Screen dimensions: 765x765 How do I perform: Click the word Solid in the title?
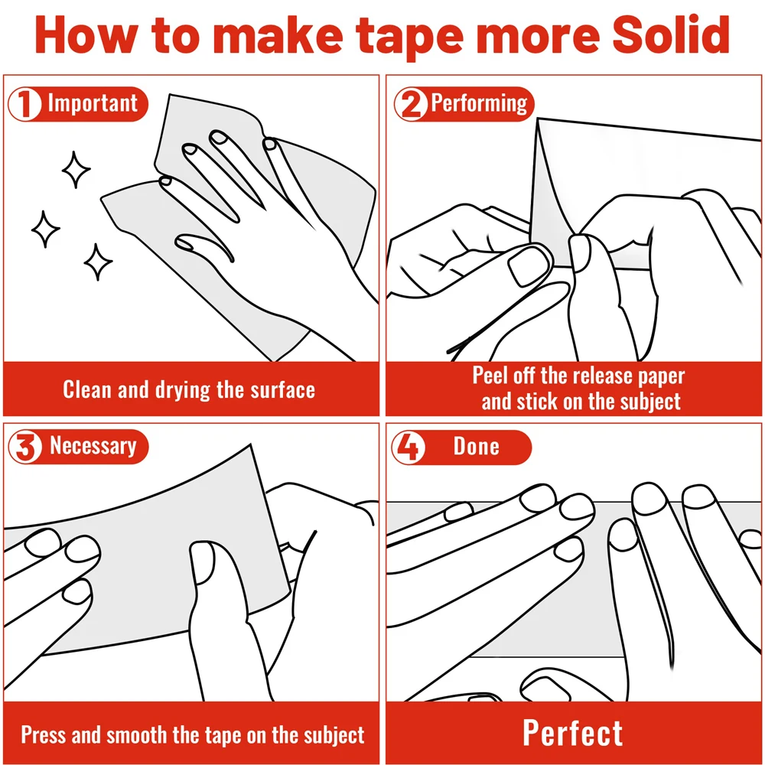click(x=671, y=35)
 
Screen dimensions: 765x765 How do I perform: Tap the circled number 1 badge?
click(x=24, y=103)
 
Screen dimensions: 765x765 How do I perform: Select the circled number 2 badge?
click(x=411, y=103)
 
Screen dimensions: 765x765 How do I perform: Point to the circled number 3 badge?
click(x=25, y=447)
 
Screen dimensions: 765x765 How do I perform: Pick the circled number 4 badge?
click(x=409, y=447)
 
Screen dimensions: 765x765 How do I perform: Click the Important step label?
click(x=93, y=103)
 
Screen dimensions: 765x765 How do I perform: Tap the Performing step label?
click(x=479, y=103)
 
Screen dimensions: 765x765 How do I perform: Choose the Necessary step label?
click(x=93, y=446)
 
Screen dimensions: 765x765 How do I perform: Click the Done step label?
click(x=476, y=447)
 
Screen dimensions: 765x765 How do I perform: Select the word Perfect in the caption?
click(x=573, y=733)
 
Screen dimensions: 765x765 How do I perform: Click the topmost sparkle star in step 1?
click(x=76, y=170)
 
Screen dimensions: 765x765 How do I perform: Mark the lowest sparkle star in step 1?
click(x=98, y=262)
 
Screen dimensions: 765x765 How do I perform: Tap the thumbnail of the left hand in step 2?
click(x=529, y=265)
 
